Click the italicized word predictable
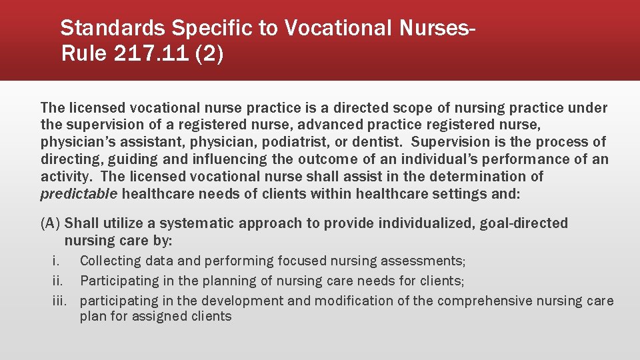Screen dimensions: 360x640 (x=79, y=194)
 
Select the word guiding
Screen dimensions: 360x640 (x=120, y=159)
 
